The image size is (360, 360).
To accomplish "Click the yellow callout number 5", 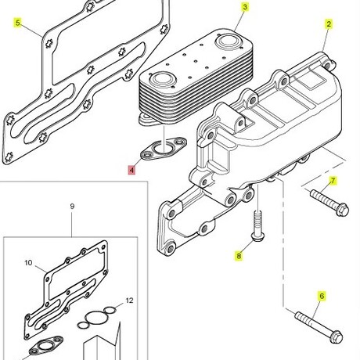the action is (x=17, y=23).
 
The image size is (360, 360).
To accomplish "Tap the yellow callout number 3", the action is (x=245, y=7).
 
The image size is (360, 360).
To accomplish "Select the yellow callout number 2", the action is (x=329, y=24).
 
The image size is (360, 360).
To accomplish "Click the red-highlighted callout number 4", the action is (x=131, y=170).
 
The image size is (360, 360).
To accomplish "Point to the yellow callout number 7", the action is (x=333, y=181).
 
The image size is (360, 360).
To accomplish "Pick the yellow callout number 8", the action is (x=239, y=256).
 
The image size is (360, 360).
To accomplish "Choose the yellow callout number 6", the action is (x=322, y=296).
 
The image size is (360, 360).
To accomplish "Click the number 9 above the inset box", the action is (x=72, y=207).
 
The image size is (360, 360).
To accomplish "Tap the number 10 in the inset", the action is (x=28, y=263).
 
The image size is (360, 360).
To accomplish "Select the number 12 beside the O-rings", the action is (x=130, y=301).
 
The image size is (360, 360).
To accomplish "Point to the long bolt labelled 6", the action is (x=319, y=327).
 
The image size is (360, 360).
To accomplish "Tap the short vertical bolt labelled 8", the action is (x=257, y=226).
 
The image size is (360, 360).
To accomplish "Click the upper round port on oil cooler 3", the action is (x=226, y=41).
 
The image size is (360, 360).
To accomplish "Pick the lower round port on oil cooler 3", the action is (x=161, y=78).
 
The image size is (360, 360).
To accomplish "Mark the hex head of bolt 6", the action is (x=337, y=337).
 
